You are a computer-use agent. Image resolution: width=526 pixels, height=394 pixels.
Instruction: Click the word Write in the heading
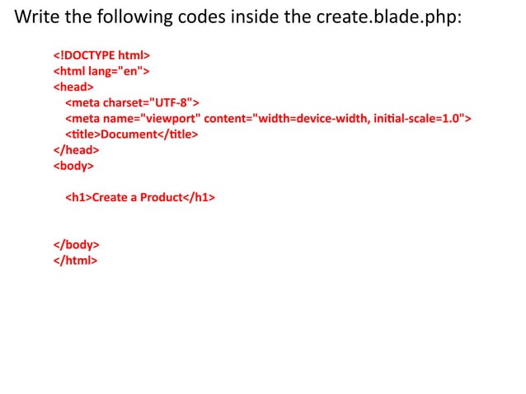point(35,16)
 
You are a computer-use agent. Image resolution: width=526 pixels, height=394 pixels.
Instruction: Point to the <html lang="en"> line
point(100,71)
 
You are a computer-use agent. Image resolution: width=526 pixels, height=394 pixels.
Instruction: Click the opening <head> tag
point(73,86)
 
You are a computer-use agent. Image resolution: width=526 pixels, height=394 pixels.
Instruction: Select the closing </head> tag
point(76,150)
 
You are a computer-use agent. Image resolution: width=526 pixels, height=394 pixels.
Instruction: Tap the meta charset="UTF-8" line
point(132,102)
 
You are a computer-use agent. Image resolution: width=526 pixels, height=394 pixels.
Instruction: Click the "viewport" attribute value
point(171,119)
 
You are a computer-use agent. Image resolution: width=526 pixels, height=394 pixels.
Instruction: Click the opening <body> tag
point(73,166)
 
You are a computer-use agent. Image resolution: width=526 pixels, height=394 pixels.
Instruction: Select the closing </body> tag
point(77,245)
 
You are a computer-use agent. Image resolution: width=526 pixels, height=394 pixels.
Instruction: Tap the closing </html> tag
point(75,260)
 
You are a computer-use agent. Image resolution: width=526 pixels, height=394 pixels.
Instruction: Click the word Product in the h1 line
point(160,198)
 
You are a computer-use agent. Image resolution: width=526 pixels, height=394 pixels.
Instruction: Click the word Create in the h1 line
point(110,198)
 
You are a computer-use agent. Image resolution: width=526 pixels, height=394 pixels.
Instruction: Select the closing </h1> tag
point(198,198)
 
